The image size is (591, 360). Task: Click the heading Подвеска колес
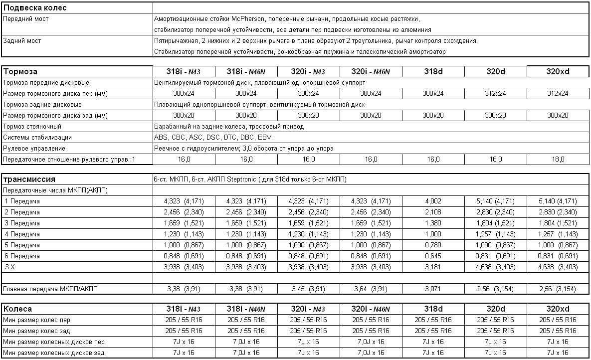click(x=35, y=8)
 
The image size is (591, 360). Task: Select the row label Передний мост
click(x=26, y=19)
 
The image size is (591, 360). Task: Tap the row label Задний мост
click(x=22, y=41)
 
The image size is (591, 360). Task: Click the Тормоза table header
click(x=20, y=71)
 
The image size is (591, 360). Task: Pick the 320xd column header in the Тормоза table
click(x=558, y=71)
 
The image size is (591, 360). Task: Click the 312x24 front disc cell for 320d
click(x=495, y=93)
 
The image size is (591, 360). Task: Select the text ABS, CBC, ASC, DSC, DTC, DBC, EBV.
click(x=220, y=137)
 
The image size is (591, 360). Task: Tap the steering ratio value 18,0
click(x=558, y=159)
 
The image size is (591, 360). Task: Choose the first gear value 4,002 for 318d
click(x=433, y=201)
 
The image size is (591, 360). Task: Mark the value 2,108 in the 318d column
click(x=433, y=212)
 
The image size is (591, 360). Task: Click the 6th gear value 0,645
click(x=433, y=256)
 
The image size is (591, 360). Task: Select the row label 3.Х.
click(x=10, y=267)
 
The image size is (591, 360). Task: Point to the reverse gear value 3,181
click(x=433, y=267)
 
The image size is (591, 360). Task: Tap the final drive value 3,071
click(x=433, y=289)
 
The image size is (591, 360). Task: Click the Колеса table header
click(x=18, y=309)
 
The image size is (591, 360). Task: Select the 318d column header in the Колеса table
click(x=433, y=309)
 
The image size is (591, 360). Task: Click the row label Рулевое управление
click(x=34, y=148)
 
